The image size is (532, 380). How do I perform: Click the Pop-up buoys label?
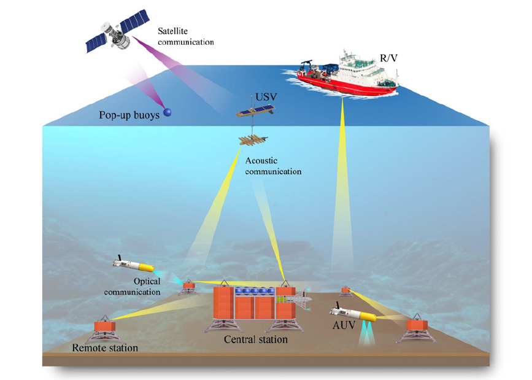[x=128, y=115]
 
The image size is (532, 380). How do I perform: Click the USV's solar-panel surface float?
[x=255, y=111]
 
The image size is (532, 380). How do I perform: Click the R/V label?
[x=389, y=57]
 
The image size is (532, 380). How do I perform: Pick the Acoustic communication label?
[x=273, y=166]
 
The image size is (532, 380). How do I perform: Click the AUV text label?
[x=344, y=325]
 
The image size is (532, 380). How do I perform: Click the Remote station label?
[x=105, y=349]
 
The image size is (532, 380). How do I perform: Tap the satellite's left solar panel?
[x=98, y=45]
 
